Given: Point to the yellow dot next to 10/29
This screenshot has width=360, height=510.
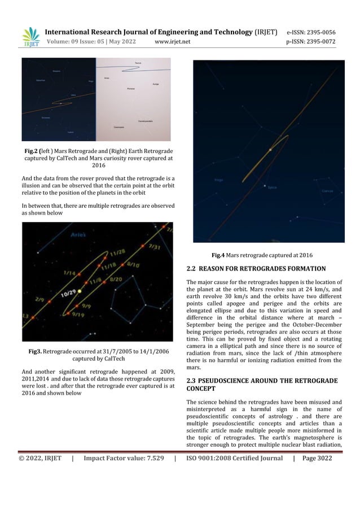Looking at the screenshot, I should (80, 291).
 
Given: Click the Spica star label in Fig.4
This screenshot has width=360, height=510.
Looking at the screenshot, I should (272, 187).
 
